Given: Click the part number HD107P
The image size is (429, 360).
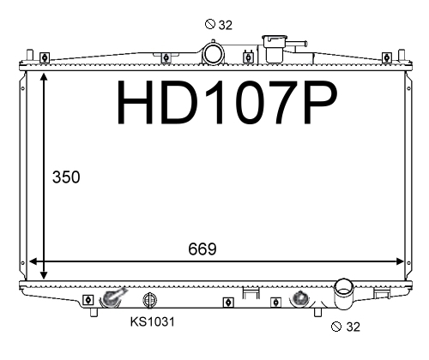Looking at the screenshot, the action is [x=227, y=102].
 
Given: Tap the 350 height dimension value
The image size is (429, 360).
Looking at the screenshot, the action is [x=66, y=177].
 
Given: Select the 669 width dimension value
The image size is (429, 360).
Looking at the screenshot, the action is [x=202, y=249].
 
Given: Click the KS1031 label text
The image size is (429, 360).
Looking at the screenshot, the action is [x=152, y=321].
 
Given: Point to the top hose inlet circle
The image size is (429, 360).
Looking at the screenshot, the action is [x=213, y=53].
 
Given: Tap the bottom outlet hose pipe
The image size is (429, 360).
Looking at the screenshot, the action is [x=344, y=294].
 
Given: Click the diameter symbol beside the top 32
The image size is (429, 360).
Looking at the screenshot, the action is [x=210, y=24].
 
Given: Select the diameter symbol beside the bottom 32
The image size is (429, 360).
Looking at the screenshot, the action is [x=336, y=327].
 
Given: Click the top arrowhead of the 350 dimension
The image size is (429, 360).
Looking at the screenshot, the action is [x=44, y=76].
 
